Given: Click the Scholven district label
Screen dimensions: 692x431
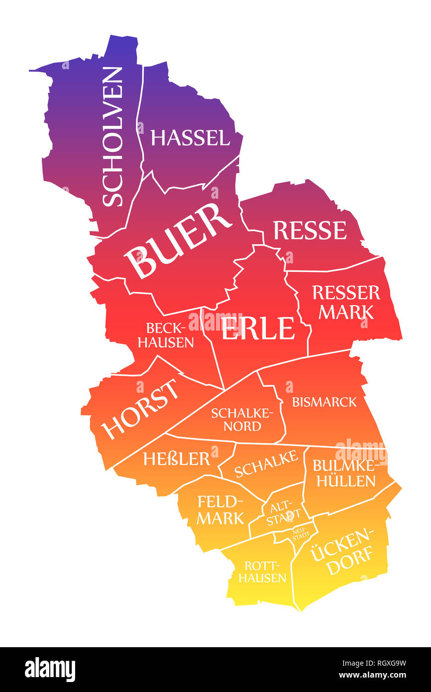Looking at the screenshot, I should tap(112, 136).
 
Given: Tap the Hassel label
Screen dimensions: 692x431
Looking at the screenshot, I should tap(190, 138).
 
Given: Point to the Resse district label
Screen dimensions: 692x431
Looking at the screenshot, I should tap(310, 231).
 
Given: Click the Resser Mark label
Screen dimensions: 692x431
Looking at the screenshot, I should tap(346, 302).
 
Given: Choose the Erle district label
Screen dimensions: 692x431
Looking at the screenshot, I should tap(258, 329).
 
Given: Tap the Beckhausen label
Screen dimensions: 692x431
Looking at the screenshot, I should tap(166, 335).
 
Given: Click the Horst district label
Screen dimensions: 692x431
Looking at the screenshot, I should tap(141, 409).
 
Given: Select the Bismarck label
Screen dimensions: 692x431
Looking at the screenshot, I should tap(324, 402).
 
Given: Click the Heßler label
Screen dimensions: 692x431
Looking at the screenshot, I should tap(177, 459).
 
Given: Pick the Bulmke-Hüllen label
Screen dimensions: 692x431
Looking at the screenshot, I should tap(343, 473).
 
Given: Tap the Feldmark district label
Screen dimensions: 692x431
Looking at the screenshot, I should tap(220, 509).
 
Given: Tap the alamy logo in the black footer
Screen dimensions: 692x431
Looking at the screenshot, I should tap(50, 670).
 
